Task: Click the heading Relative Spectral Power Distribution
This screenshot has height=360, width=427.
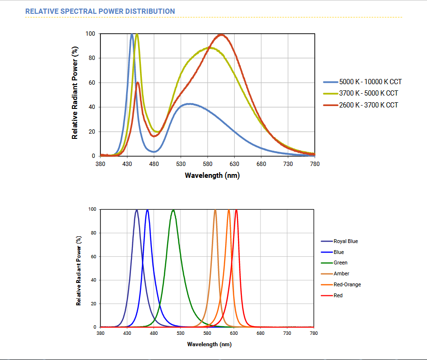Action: coord(100,11)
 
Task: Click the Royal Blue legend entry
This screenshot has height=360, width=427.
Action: coord(346,241)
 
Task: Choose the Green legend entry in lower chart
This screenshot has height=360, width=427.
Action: coord(340,263)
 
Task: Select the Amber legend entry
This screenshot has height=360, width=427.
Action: coord(341,273)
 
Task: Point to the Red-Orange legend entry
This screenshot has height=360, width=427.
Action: coord(347,284)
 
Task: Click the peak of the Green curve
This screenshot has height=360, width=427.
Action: coord(173,210)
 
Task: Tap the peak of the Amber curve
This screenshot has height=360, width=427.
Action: coord(215,210)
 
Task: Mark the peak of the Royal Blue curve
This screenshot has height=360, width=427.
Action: coord(137,210)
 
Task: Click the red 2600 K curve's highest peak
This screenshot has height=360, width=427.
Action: coord(221,35)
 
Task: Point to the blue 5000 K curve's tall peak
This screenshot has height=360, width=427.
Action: coord(132,34)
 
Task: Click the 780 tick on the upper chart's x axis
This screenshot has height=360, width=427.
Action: coord(314,164)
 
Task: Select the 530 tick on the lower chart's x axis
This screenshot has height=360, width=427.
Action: coord(180,334)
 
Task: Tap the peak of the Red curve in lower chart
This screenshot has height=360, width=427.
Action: coord(236,210)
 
